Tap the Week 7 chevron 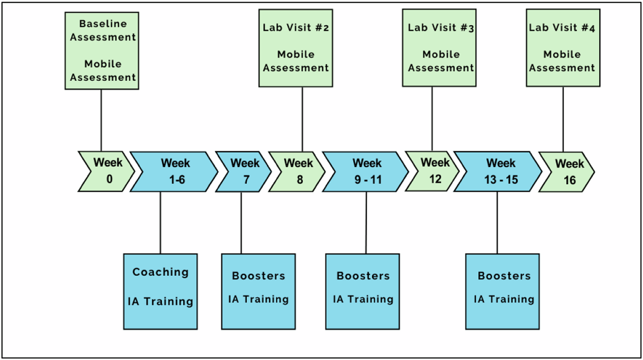tap(242, 171)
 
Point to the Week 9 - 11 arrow tap(365, 171)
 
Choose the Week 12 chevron tap(434, 171)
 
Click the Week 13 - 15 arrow tap(498, 171)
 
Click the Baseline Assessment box tap(102, 50)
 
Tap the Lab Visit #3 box tap(439, 48)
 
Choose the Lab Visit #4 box tap(563, 48)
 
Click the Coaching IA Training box tap(160, 291)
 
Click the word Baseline tap(102, 23)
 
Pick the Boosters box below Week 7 tap(258, 291)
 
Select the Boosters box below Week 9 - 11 tap(362, 291)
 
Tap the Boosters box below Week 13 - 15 tap(502, 291)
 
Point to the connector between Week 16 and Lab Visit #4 tap(563, 119)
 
